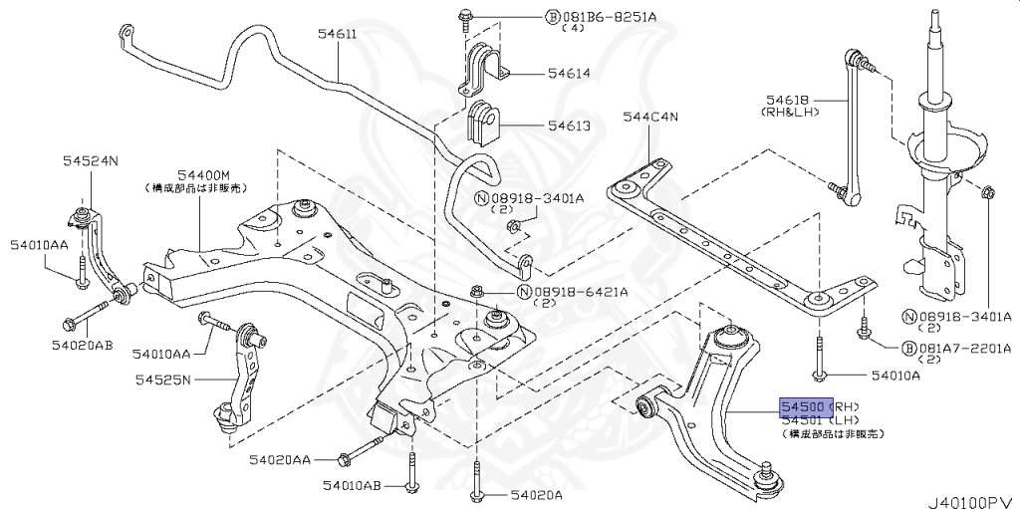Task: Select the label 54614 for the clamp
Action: pyautogui.click(x=568, y=73)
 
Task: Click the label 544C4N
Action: pyautogui.click(x=649, y=117)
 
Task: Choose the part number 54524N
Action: pyautogui.click(x=91, y=159)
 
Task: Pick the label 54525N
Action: pyautogui.click(x=163, y=379)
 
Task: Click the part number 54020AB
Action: pyautogui.click(x=82, y=345)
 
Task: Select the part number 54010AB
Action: pyautogui.click(x=351, y=485)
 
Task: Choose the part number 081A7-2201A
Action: pyautogui.click(x=964, y=348)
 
